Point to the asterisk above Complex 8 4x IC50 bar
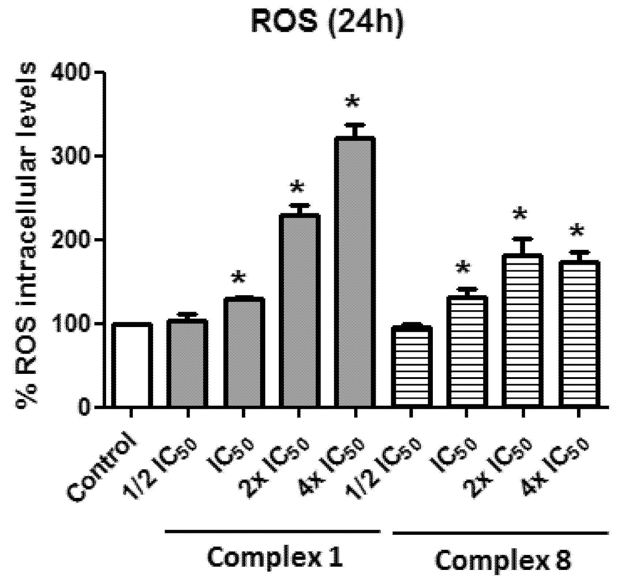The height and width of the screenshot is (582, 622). (x=577, y=231)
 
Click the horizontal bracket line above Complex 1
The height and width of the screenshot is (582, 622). (x=273, y=530)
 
